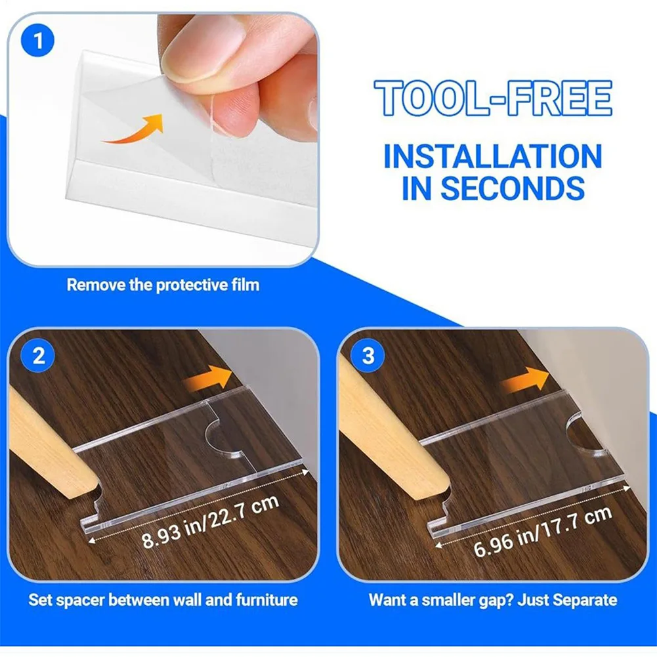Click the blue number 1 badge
tap(37, 41)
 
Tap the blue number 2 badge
tap(38, 356)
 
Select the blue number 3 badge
tap(368, 356)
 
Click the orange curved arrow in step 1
tap(134, 129)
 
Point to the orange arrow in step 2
tap(208, 378)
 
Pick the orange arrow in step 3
tap(525, 380)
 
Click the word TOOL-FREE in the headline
tap(493, 98)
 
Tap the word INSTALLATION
tap(493, 156)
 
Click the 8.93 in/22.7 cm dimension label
tap(210, 521)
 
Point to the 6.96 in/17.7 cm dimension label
tap(543, 532)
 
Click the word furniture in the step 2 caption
tap(266, 600)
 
